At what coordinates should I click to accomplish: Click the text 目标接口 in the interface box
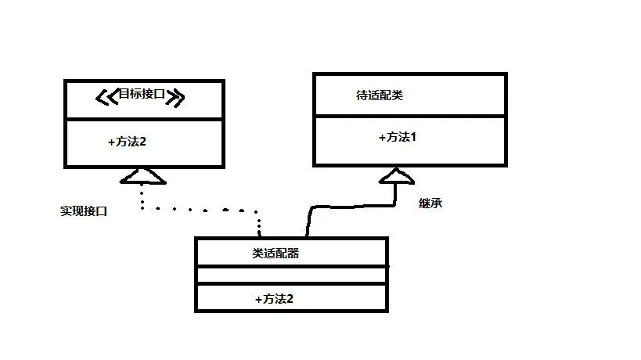[142, 95]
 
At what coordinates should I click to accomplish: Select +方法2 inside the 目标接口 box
[127, 142]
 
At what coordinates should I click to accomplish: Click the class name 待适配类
[380, 95]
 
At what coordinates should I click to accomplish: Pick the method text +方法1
[398, 137]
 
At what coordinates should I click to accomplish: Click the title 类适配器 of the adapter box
[275, 253]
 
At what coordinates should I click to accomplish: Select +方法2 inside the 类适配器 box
[274, 298]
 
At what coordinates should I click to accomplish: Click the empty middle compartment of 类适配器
[290, 275]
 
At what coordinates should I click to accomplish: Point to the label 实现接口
[83, 211]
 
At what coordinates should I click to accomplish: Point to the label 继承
[430, 203]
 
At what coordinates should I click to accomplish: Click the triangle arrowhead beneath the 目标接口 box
[142, 176]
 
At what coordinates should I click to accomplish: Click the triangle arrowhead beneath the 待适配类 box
[397, 175]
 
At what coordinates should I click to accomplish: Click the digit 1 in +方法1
[414, 137]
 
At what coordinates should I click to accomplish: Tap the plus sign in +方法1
[382, 137]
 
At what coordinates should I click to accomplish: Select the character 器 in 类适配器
[293, 253]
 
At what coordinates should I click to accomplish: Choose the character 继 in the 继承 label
[425, 203]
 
